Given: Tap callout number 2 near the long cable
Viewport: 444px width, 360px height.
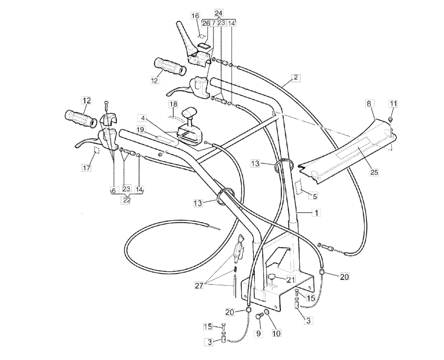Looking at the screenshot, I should point(296,77).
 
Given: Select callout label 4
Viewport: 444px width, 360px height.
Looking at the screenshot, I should point(142,119).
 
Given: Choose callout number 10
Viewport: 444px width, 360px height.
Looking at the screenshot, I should point(276,333).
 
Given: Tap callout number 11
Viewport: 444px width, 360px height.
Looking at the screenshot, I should point(393,103).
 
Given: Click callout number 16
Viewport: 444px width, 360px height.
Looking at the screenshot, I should point(196,16).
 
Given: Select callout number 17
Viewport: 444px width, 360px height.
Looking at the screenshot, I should point(86,168).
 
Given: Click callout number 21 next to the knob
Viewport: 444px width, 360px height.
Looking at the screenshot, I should point(291,279).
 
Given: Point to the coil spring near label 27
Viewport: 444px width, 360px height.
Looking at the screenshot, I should point(235,270).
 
